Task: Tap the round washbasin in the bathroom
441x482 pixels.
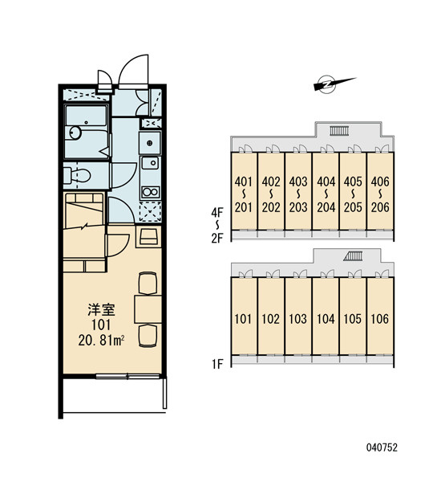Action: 75,133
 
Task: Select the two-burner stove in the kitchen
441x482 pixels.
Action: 150,192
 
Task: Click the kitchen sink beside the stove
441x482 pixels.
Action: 150,162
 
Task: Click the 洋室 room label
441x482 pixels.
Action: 101,309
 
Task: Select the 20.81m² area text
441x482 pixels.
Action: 101,341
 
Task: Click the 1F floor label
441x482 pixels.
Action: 217,364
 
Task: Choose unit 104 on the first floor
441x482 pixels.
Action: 326,319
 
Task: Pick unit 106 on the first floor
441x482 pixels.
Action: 380,319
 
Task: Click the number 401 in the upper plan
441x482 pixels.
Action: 244,182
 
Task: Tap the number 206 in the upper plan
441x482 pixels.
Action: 380,207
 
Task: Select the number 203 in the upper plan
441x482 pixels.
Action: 298,207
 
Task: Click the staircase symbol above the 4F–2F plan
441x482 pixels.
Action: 339,131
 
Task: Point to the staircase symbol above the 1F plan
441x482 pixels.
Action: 353,256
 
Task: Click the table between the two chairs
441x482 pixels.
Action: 148,309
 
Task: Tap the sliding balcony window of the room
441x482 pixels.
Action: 128,376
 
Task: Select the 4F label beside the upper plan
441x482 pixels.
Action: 217,212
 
